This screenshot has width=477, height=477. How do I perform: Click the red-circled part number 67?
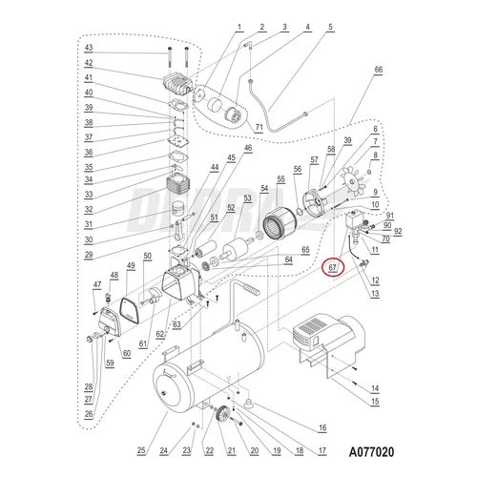coord(332,267)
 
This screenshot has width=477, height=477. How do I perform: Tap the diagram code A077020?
coord(371,451)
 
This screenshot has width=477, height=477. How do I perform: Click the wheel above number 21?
coord(222,415)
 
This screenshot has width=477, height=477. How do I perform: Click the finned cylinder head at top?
coord(176,85)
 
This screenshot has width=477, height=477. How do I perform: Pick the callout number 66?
coord(379,70)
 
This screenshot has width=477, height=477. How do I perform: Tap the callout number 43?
coord(89,48)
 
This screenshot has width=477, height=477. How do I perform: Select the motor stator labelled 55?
coord(280,223)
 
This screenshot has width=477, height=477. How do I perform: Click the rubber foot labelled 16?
coord(248,403)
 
